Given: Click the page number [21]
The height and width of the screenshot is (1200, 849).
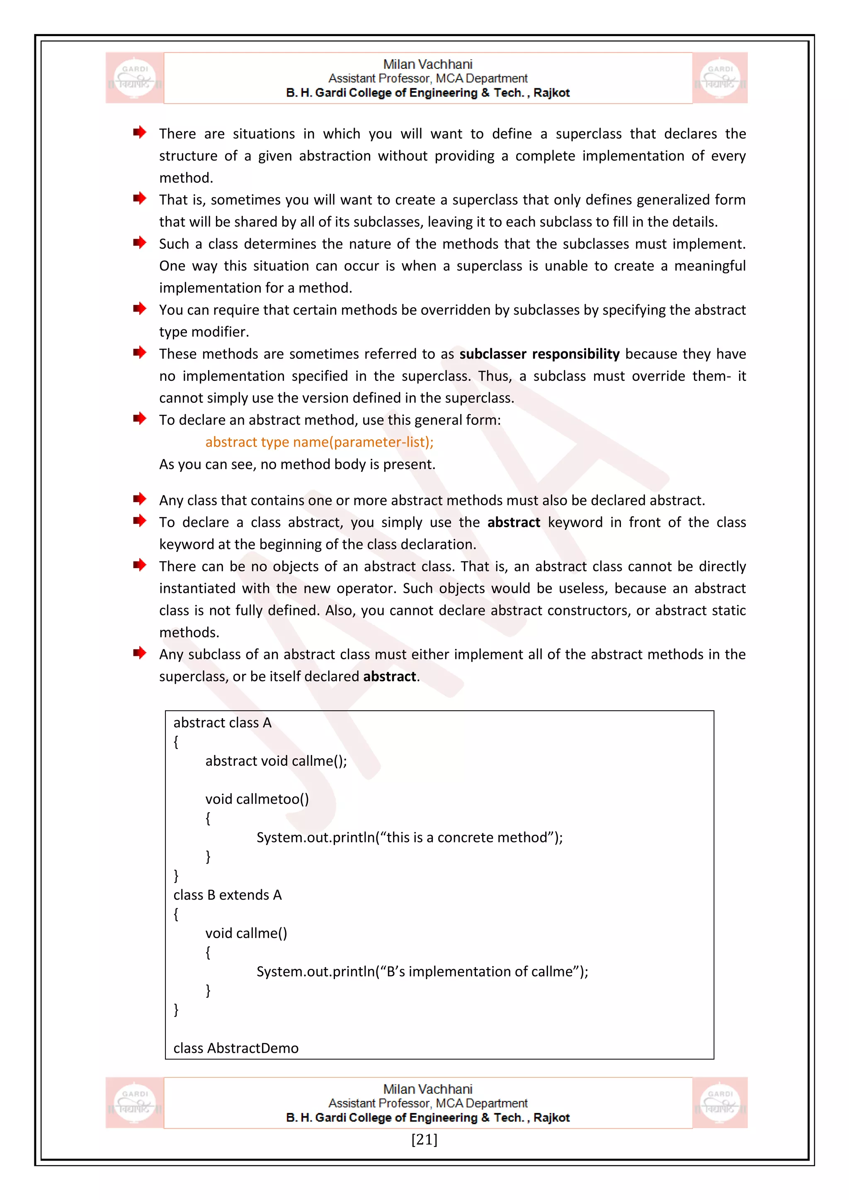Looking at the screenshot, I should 424,1140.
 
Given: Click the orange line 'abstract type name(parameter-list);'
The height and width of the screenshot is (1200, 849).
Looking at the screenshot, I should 320,442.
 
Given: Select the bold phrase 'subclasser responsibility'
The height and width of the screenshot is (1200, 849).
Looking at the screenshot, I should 539,354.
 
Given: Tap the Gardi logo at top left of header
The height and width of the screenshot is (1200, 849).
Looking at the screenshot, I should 135,78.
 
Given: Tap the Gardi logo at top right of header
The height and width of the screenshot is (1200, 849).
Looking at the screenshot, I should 720,78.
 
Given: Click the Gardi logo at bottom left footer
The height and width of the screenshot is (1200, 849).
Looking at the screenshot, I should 135,1102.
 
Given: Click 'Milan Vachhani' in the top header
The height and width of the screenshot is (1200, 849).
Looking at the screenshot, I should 428,64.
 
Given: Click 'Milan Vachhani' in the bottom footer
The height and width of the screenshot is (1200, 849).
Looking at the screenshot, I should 428,1089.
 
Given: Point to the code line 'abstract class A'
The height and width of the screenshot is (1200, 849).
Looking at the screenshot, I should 222,723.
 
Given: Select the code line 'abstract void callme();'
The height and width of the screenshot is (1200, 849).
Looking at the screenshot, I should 276,761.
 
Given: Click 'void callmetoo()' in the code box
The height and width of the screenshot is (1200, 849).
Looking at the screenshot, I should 257,799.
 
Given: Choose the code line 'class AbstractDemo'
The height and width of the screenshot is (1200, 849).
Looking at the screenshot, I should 236,1048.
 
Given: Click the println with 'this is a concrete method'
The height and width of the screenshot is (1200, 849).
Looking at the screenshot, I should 409,837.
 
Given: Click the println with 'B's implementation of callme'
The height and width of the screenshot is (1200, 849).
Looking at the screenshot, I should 422,971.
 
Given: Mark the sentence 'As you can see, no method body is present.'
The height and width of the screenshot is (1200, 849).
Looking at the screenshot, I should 297,464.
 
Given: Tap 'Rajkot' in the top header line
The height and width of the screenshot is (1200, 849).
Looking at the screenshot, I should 551,93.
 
